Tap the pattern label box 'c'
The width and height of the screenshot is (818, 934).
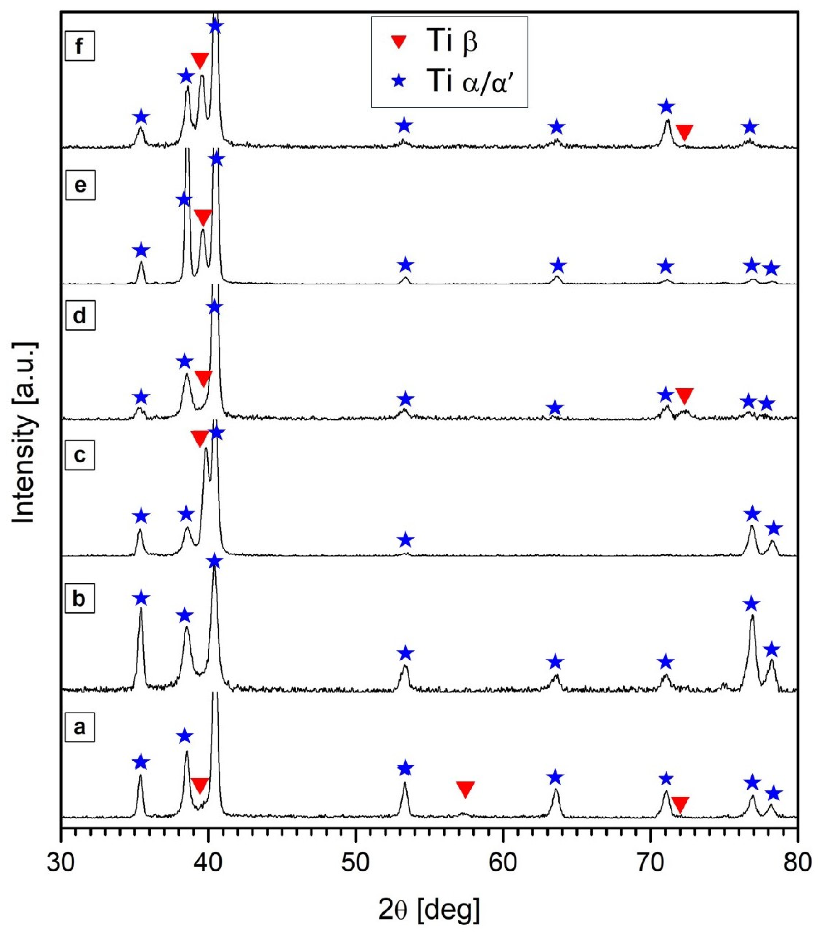80,455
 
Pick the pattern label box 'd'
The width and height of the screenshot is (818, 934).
80,316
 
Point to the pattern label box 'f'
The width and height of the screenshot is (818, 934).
79,46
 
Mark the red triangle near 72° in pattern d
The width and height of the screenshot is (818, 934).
684,396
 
